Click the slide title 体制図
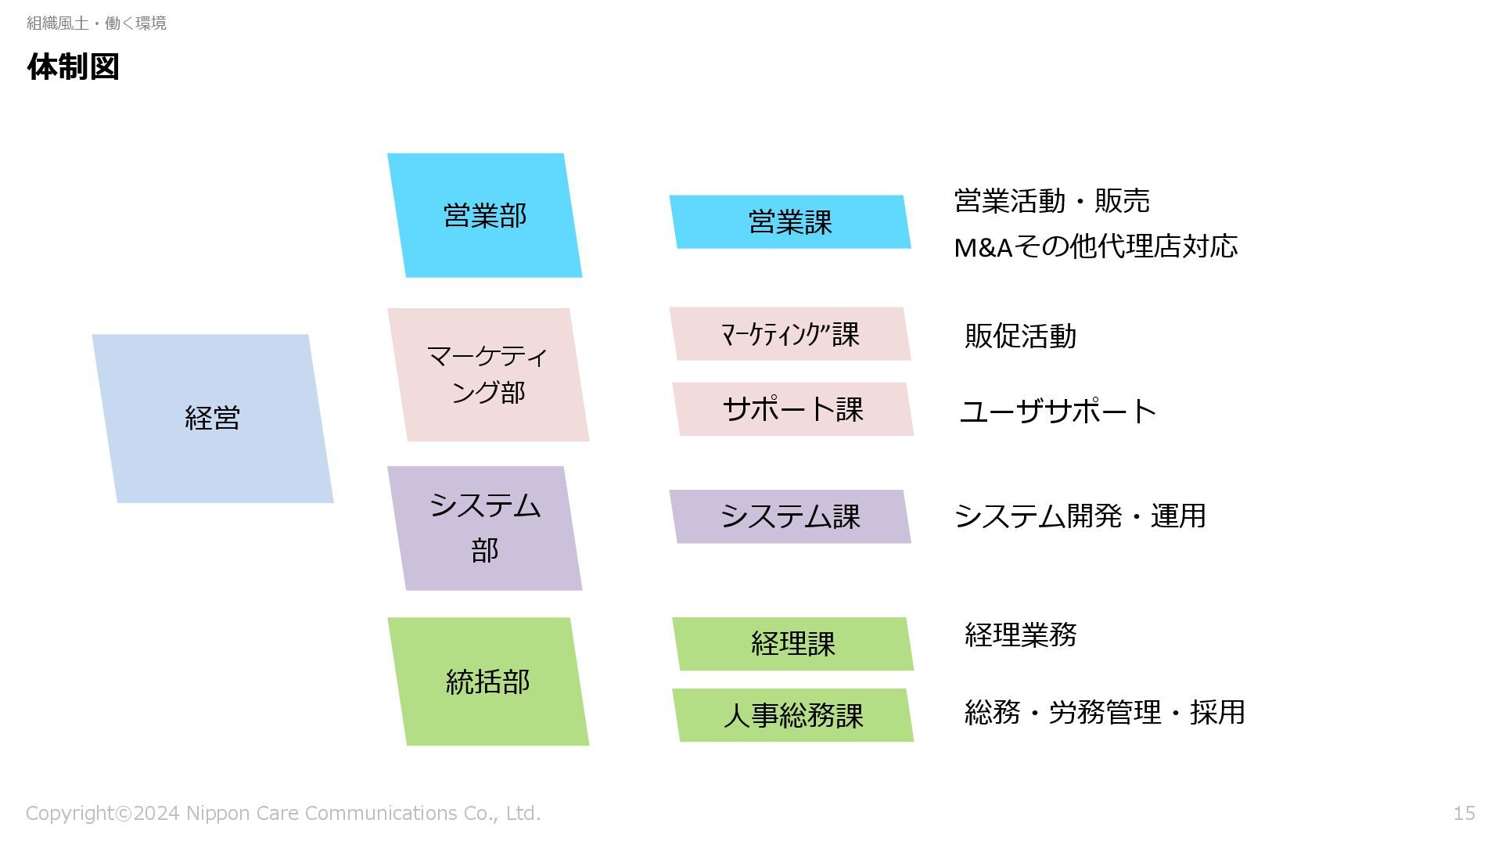[x=73, y=67]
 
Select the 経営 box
[x=212, y=419]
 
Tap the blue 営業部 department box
[x=484, y=215]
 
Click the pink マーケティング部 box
[x=488, y=375]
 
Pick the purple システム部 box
[x=484, y=528]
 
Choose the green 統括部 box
[x=488, y=681]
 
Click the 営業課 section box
[x=790, y=222]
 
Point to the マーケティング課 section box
[x=790, y=334]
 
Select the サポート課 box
[x=792, y=409]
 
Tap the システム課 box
[x=790, y=516]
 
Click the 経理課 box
[x=792, y=644]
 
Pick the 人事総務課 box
[x=792, y=715]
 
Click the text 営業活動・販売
[x=1051, y=201]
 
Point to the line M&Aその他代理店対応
[x=1095, y=247]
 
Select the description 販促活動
[x=1020, y=336]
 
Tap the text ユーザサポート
[x=1058, y=412]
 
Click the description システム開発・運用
[x=1080, y=516]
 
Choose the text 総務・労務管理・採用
[x=1104, y=713]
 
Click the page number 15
[x=1464, y=814]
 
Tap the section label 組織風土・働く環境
[x=96, y=23]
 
